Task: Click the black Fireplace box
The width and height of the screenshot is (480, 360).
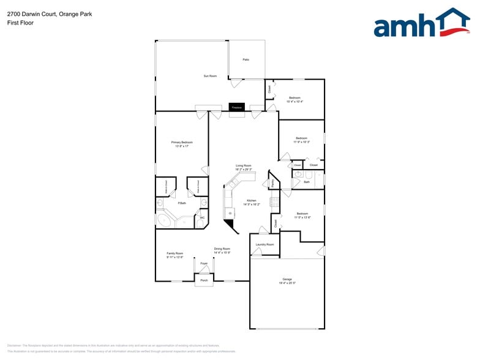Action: coord(236,107)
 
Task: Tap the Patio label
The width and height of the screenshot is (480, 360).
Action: coord(246,59)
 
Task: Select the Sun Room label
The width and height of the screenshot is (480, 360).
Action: coord(210,76)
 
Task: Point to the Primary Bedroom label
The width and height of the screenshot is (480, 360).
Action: coord(182,142)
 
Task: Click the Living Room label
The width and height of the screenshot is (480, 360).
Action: coord(244,165)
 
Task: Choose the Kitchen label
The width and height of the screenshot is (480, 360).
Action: coord(251,200)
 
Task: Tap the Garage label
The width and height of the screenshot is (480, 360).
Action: coord(287,279)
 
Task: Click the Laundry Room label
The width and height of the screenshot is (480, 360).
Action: coord(265,244)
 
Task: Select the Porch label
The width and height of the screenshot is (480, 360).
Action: coord(204,280)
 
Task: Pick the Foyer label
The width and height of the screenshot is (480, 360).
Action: coord(204,263)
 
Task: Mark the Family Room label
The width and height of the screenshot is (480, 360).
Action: coord(174,253)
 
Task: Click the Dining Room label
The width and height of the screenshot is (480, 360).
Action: coord(222,249)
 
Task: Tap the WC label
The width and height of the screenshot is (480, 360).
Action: coord(201,217)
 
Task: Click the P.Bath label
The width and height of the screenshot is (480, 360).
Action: coord(182,203)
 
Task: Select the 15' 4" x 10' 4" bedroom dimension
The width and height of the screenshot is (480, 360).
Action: coord(294,102)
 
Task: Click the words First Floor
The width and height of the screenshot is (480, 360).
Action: coord(21,23)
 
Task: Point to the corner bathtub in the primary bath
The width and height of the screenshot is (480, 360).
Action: coord(165,220)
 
